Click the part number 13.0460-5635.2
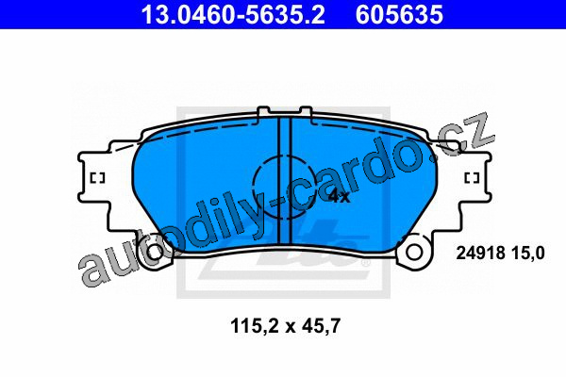coord(233,14)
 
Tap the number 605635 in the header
coord(399,14)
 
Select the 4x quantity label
coord(339,197)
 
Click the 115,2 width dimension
coord(254,326)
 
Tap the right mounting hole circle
coord(414,252)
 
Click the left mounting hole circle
coord(156,252)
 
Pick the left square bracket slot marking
coord(97,178)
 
